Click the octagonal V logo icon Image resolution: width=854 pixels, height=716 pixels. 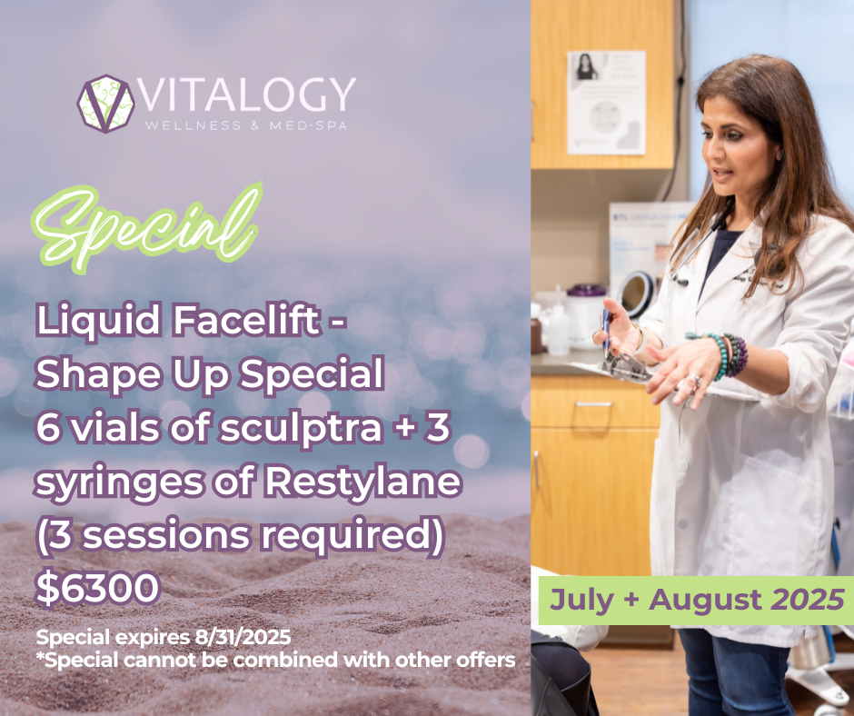tap(105, 104)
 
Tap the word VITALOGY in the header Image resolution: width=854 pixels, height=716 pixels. tap(248, 95)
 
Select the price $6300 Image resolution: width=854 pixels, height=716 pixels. tap(97, 588)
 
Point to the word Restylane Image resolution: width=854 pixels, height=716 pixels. tap(363, 482)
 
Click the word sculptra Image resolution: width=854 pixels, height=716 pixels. tap(301, 429)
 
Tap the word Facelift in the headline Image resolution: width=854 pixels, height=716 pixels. tap(247, 321)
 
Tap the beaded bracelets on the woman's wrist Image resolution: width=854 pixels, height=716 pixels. tap(723, 354)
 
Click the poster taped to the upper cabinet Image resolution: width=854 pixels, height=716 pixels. tap(606, 103)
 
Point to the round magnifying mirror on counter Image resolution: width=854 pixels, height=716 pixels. tap(636, 293)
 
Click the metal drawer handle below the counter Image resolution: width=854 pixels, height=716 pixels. tap(593, 404)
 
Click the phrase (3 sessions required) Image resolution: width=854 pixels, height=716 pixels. tap(240, 536)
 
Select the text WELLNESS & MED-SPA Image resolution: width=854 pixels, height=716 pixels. tap(245, 125)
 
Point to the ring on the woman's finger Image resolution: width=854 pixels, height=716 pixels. tap(695, 381)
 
